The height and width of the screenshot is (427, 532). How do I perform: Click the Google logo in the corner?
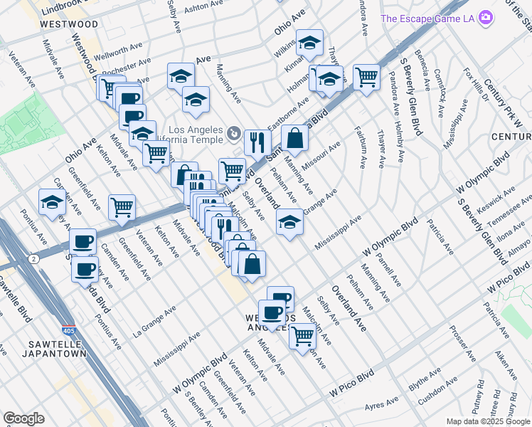(x=24, y=418)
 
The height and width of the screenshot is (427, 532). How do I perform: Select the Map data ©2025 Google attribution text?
(x=487, y=421)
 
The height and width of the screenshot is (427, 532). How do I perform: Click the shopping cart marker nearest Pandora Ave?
(x=366, y=75)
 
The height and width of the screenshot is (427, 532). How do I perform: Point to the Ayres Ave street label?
(x=382, y=405)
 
